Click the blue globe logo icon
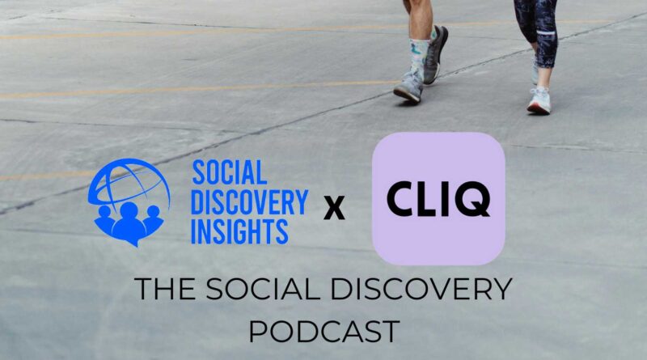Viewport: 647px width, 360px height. click(x=129, y=202)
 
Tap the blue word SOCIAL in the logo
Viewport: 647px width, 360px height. click(x=230, y=172)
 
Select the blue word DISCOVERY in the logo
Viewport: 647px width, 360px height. click(x=249, y=202)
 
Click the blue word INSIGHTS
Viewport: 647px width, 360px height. click(x=239, y=231)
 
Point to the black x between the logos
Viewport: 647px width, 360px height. click(x=334, y=208)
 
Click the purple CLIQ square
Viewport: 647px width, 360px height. click(x=438, y=198)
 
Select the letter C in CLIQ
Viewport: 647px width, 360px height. click(x=401, y=199)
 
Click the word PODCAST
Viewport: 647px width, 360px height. click(x=324, y=331)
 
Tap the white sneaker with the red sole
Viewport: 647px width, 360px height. click(x=539, y=100)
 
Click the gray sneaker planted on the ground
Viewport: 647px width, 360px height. click(x=408, y=87)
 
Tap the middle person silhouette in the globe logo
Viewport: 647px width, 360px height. click(x=129, y=223)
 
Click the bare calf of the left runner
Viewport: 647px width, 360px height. click(x=420, y=19)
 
